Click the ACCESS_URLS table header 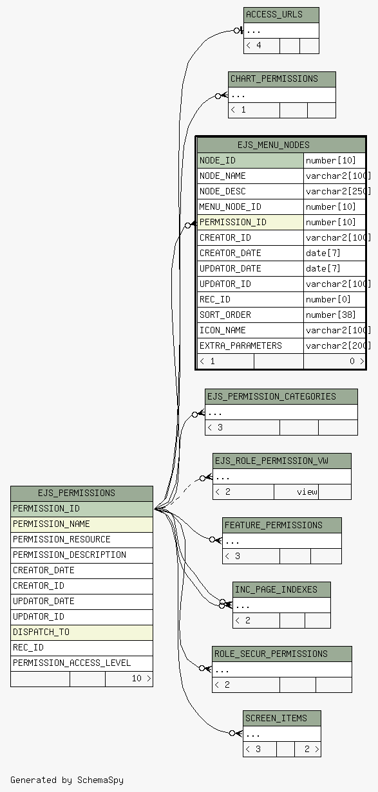pyautogui.click(x=281, y=15)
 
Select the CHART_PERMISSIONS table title pyautogui.click(x=282, y=80)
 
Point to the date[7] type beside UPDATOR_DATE pyautogui.click(x=323, y=269)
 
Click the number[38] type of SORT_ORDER pyautogui.click(x=330, y=315)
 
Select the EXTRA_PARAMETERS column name pyautogui.click(x=241, y=345)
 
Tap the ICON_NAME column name pyautogui.click(x=223, y=330)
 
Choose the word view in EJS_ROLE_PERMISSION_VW pyautogui.click(x=307, y=492)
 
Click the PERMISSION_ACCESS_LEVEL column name pyautogui.click(x=72, y=663)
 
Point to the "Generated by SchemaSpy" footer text pyautogui.click(x=67, y=780)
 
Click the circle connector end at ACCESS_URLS pyautogui.click(x=237, y=31)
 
